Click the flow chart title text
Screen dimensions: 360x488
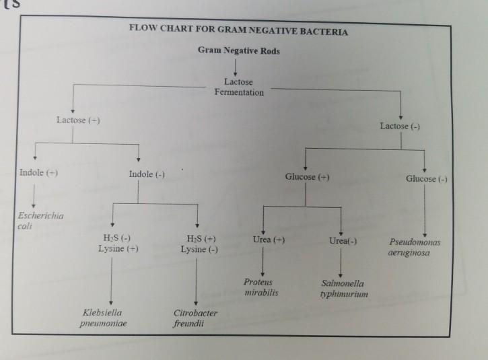pyautogui.click(x=239, y=32)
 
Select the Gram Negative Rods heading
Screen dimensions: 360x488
pyautogui.click(x=239, y=51)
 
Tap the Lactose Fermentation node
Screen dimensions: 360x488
pyautogui.click(x=239, y=87)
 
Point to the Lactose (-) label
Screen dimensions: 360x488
pyautogui.click(x=400, y=126)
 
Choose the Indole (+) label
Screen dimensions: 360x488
pyautogui.click(x=38, y=173)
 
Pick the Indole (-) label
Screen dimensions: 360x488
pyautogui.click(x=147, y=175)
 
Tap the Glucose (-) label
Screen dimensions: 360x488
pyautogui.click(x=427, y=179)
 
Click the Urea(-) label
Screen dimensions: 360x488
pyautogui.click(x=343, y=241)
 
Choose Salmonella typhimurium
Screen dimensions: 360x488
pyautogui.click(x=344, y=289)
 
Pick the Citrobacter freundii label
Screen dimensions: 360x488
pyautogui.click(x=195, y=318)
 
